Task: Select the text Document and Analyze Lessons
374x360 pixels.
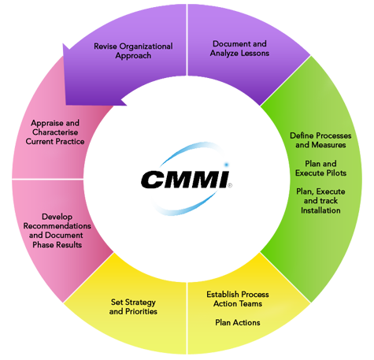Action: click(241, 48)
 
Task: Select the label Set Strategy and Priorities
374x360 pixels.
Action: click(133, 306)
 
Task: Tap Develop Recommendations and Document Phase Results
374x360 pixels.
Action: click(57, 230)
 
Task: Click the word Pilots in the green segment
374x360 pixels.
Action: click(344, 173)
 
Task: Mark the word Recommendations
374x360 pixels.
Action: click(57, 225)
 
